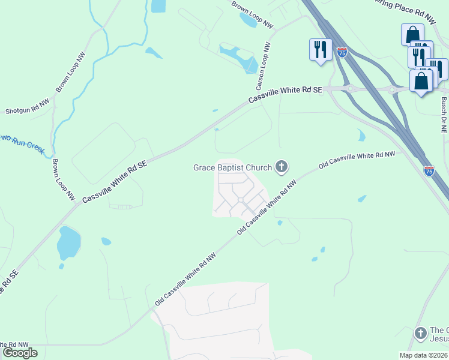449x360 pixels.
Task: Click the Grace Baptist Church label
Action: point(232,167)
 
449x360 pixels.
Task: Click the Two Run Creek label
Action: point(22,144)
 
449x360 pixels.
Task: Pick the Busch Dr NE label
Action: point(444,111)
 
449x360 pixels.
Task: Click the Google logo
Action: point(20,352)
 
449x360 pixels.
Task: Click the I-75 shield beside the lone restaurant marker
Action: point(342,53)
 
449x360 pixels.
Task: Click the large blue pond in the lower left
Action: point(68,243)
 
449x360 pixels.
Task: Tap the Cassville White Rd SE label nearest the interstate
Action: point(286,95)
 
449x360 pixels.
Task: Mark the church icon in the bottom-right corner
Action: point(420,332)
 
